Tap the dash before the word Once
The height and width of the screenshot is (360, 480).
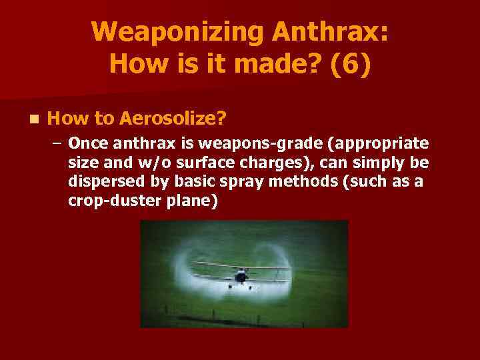pos(58,144)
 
